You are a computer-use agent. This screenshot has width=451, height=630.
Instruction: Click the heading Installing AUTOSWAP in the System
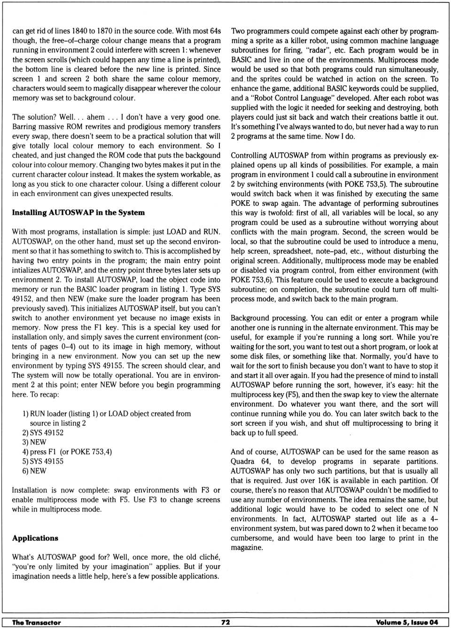pyautogui.click(x=78, y=213)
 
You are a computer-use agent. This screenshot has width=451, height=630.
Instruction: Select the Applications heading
pyautogui.click(x=35, y=538)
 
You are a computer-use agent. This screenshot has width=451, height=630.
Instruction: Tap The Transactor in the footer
pyautogui.click(x=36, y=622)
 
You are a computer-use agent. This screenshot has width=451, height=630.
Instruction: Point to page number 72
pyautogui.click(x=225, y=622)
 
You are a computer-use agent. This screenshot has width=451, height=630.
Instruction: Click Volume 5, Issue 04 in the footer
pyautogui.click(x=407, y=622)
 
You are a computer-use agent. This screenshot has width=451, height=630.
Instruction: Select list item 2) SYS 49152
pyautogui.click(x=43, y=433)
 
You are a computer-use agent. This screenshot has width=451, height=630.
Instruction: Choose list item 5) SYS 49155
pyautogui.click(x=43, y=461)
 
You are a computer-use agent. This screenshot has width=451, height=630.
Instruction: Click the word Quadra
pyautogui.click(x=242, y=461)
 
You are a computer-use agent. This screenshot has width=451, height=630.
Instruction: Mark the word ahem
pyautogui.click(x=96, y=117)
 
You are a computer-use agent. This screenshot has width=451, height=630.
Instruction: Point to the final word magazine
pyautogui.click(x=246, y=548)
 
